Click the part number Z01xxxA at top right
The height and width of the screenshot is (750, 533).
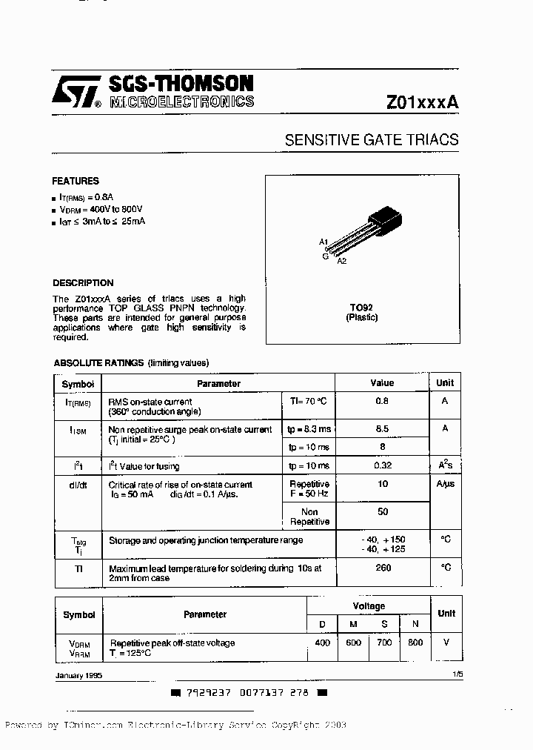422,103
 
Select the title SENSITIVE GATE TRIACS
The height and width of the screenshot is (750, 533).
372,139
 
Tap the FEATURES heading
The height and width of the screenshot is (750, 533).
75,181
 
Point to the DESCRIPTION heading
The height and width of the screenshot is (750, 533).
83,283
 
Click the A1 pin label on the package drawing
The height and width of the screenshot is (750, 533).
323,242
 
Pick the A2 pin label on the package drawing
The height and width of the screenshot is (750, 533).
341,261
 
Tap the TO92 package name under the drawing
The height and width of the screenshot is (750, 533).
361,307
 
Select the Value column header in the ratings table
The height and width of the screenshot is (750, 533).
382,383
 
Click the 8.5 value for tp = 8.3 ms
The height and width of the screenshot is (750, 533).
382,428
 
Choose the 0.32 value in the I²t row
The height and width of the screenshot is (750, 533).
382,466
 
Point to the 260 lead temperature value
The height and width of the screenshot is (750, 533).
382,568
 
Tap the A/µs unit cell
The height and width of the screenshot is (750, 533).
446,485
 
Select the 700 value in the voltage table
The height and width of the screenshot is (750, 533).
384,643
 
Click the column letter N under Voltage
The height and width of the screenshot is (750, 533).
415,625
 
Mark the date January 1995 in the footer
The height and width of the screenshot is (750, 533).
78,676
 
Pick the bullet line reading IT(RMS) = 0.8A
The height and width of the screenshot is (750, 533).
87,197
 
